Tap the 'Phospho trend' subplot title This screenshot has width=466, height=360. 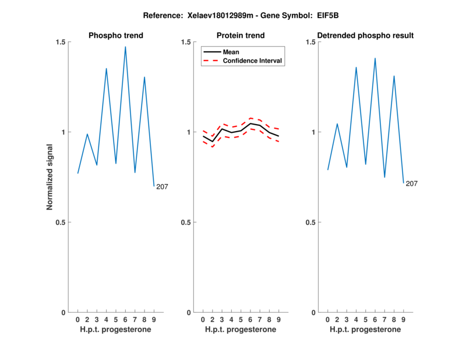(x=116, y=36)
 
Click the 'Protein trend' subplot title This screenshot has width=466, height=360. (x=241, y=36)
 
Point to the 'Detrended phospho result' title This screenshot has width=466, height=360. (x=366, y=36)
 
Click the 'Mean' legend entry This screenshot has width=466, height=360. (x=231, y=52)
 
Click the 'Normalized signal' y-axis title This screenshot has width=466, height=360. (x=50, y=177)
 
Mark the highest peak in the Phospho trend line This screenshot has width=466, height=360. (x=125, y=47)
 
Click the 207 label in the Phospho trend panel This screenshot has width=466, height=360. (x=162, y=187)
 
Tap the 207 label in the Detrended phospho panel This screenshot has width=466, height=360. (x=412, y=184)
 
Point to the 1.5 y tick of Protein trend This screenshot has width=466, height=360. (x=186, y=42)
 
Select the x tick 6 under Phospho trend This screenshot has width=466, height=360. (x=125, y=320)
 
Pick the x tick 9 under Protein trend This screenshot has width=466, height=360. (x=279, y=320)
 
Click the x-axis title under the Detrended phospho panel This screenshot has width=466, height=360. (x=365, y=330)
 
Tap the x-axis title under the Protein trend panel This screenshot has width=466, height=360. (x=241, y=330)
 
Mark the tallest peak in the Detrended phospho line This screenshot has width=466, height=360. (x=375, y=58)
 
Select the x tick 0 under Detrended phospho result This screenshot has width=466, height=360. (x=327, y=320)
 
